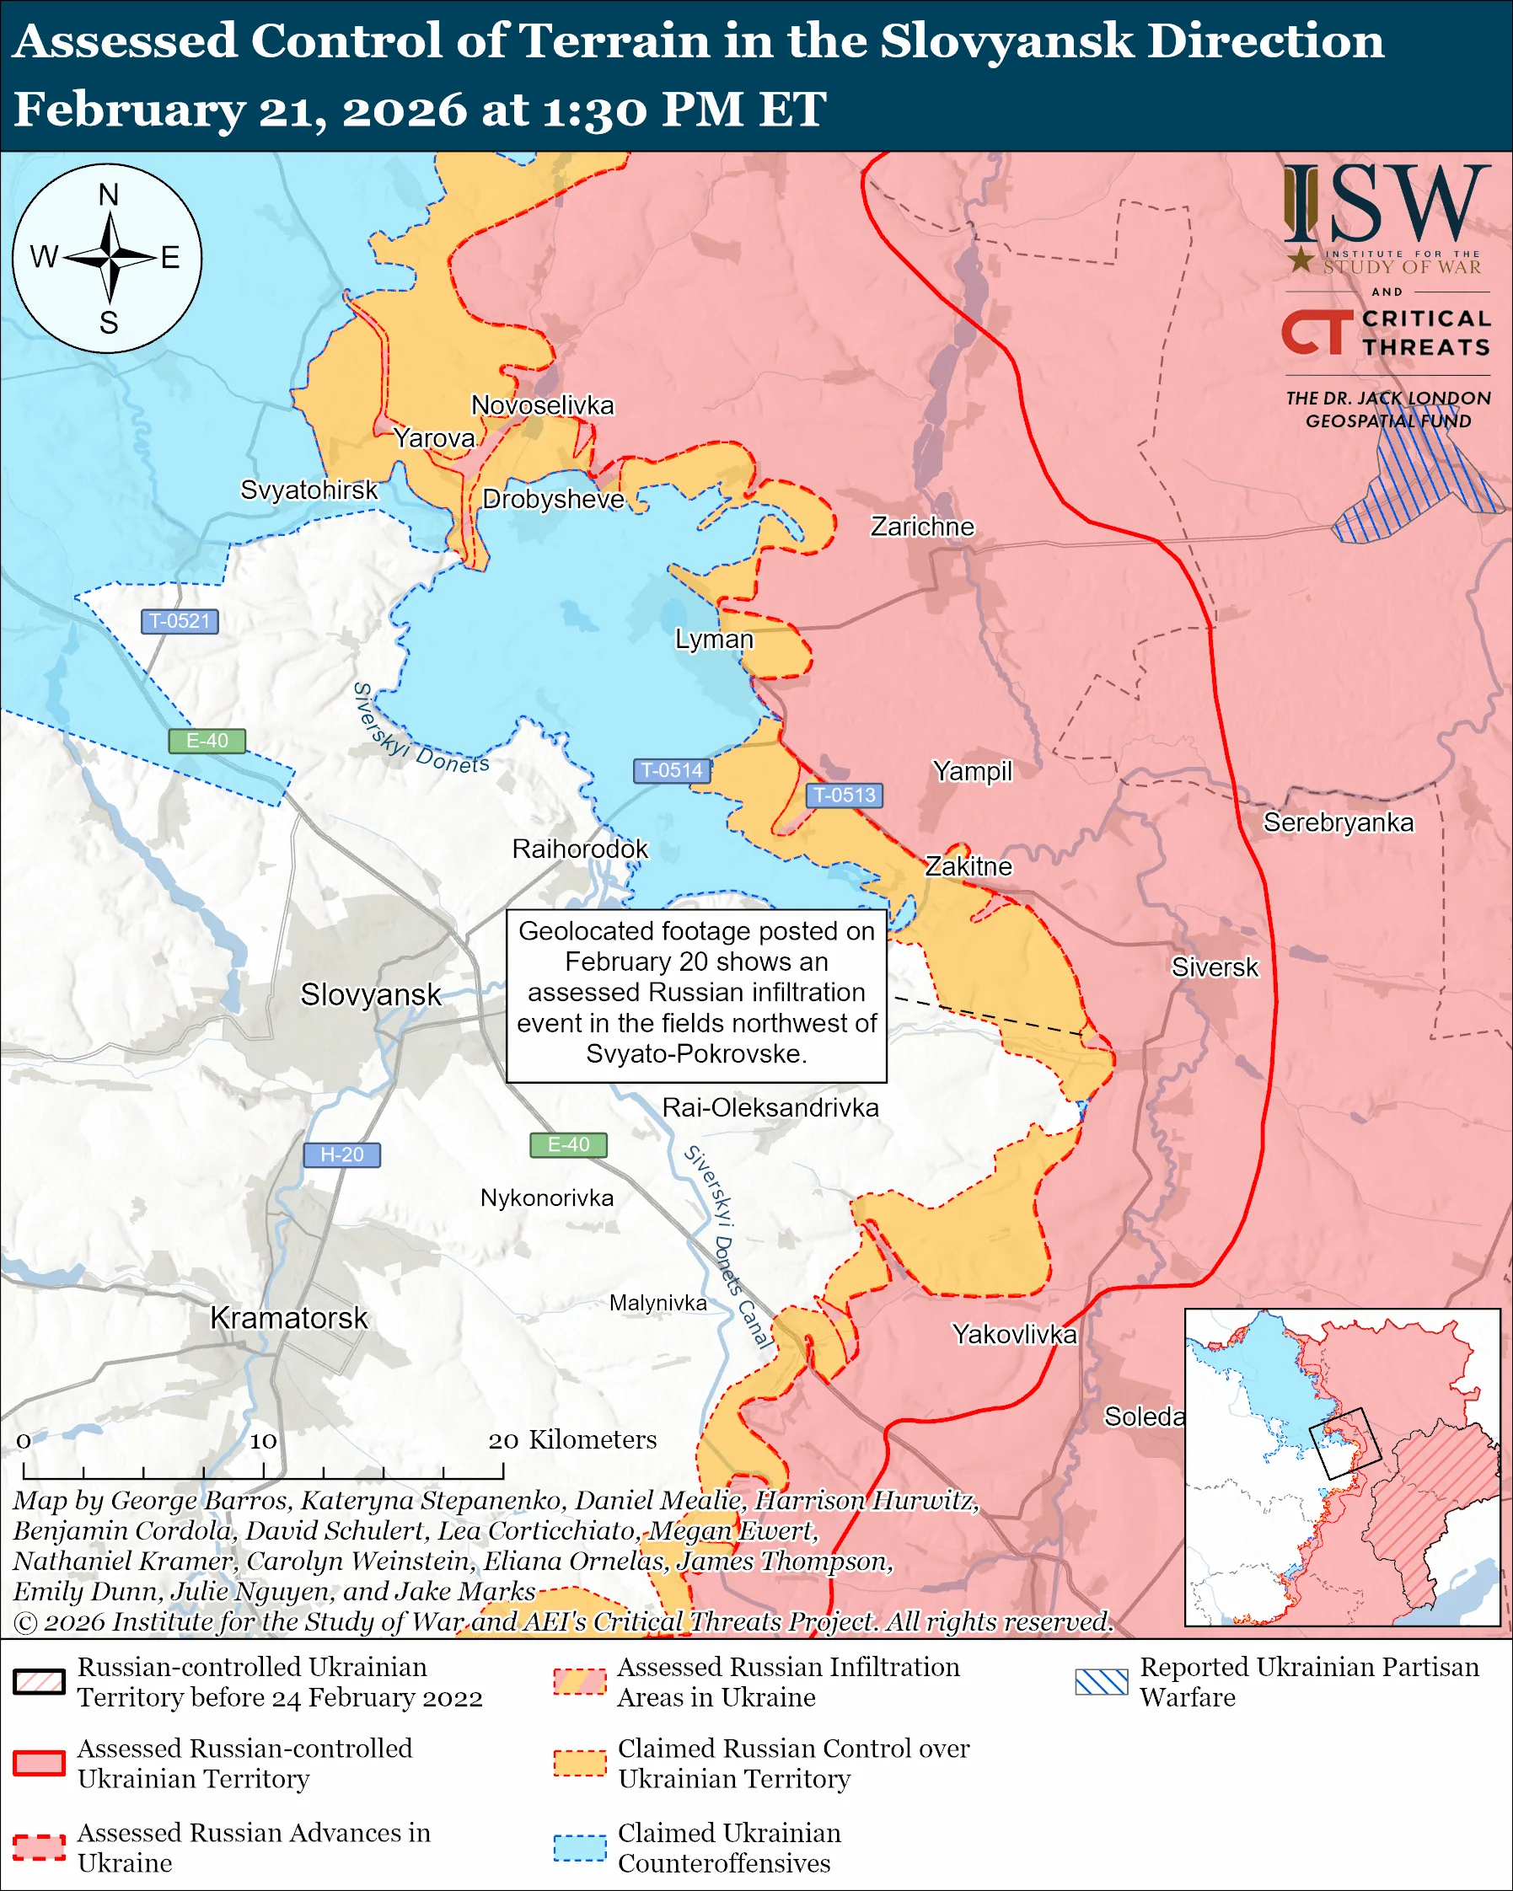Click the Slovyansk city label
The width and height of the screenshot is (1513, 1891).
[370, 994]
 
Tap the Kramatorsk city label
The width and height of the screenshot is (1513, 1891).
[288, 1317]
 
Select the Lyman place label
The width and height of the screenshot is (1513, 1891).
[714, 639]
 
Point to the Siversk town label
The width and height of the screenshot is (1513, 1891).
[1214, 967]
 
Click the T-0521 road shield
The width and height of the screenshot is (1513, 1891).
[180, 621]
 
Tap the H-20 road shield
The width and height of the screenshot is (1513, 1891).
[341, 1154]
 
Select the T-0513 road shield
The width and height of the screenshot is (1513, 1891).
[844, 795]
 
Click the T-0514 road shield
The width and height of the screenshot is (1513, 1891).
[671, 770]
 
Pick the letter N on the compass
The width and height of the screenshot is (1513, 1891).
[108, 195]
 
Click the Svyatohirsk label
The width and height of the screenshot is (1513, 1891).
[309, 490]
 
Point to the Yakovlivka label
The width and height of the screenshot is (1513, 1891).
[1014, 1334]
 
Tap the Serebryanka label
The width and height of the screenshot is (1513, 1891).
[1338, 822]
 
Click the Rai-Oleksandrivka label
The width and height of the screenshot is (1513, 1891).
[770, 1108]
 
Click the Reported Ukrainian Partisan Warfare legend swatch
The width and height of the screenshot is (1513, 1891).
[1101, 1681]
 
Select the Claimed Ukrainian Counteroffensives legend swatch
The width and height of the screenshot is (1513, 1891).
[580, 1847]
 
